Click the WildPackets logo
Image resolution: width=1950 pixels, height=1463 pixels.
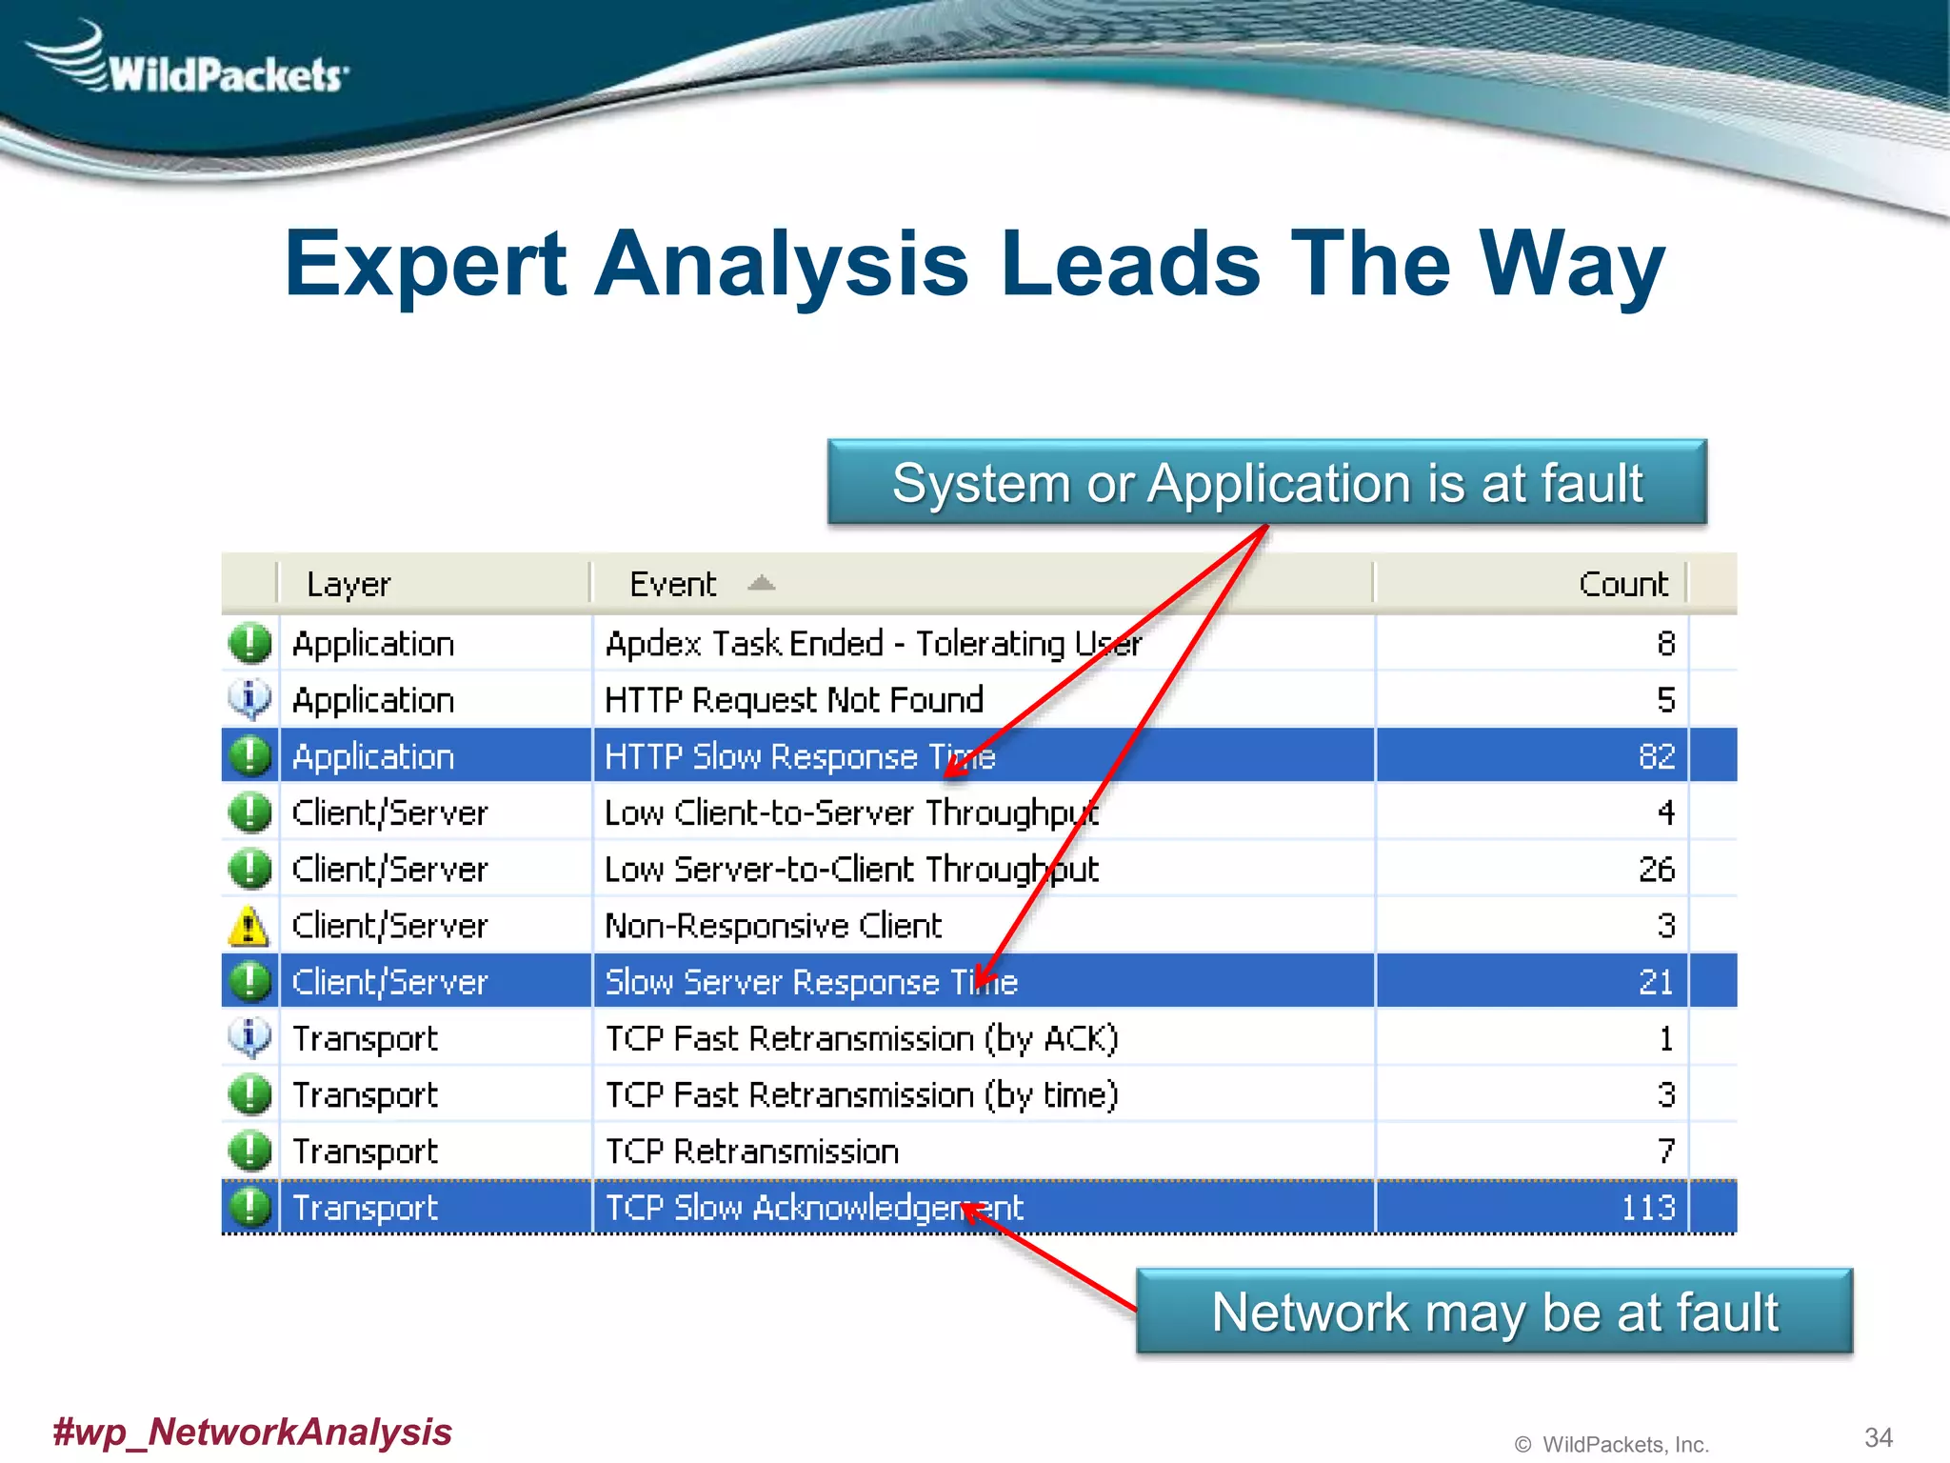[190, 65]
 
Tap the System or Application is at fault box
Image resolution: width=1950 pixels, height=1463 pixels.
[1266, 483]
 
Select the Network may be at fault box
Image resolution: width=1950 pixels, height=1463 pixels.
[1494, 1312]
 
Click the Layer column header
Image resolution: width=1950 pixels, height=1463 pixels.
[348, 584]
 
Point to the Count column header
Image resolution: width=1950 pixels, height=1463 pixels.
[1622, 584]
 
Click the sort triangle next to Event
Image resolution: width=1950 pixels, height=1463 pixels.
[761, 583]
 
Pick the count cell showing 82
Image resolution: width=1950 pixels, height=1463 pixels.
[1656, 756]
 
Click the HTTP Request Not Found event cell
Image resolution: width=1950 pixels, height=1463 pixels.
[794, 700]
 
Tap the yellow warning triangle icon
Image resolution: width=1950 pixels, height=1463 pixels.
[249, 926]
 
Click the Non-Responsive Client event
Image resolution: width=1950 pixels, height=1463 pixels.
[773, 926]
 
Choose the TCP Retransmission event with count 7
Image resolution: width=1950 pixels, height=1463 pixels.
[752, 1152]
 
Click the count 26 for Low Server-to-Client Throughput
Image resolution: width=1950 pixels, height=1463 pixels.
[1656, 870]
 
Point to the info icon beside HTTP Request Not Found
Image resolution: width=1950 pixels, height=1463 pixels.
[249, 700]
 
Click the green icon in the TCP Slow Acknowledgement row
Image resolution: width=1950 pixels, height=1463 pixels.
[249, 1208]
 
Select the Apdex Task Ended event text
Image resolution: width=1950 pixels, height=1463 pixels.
[872, 644]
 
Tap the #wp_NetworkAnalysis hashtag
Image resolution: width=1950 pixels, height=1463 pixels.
[252, 1432]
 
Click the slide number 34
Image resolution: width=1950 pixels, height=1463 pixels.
[1878, 1437]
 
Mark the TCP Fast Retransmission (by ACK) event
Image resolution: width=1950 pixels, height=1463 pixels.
[862, 1038]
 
